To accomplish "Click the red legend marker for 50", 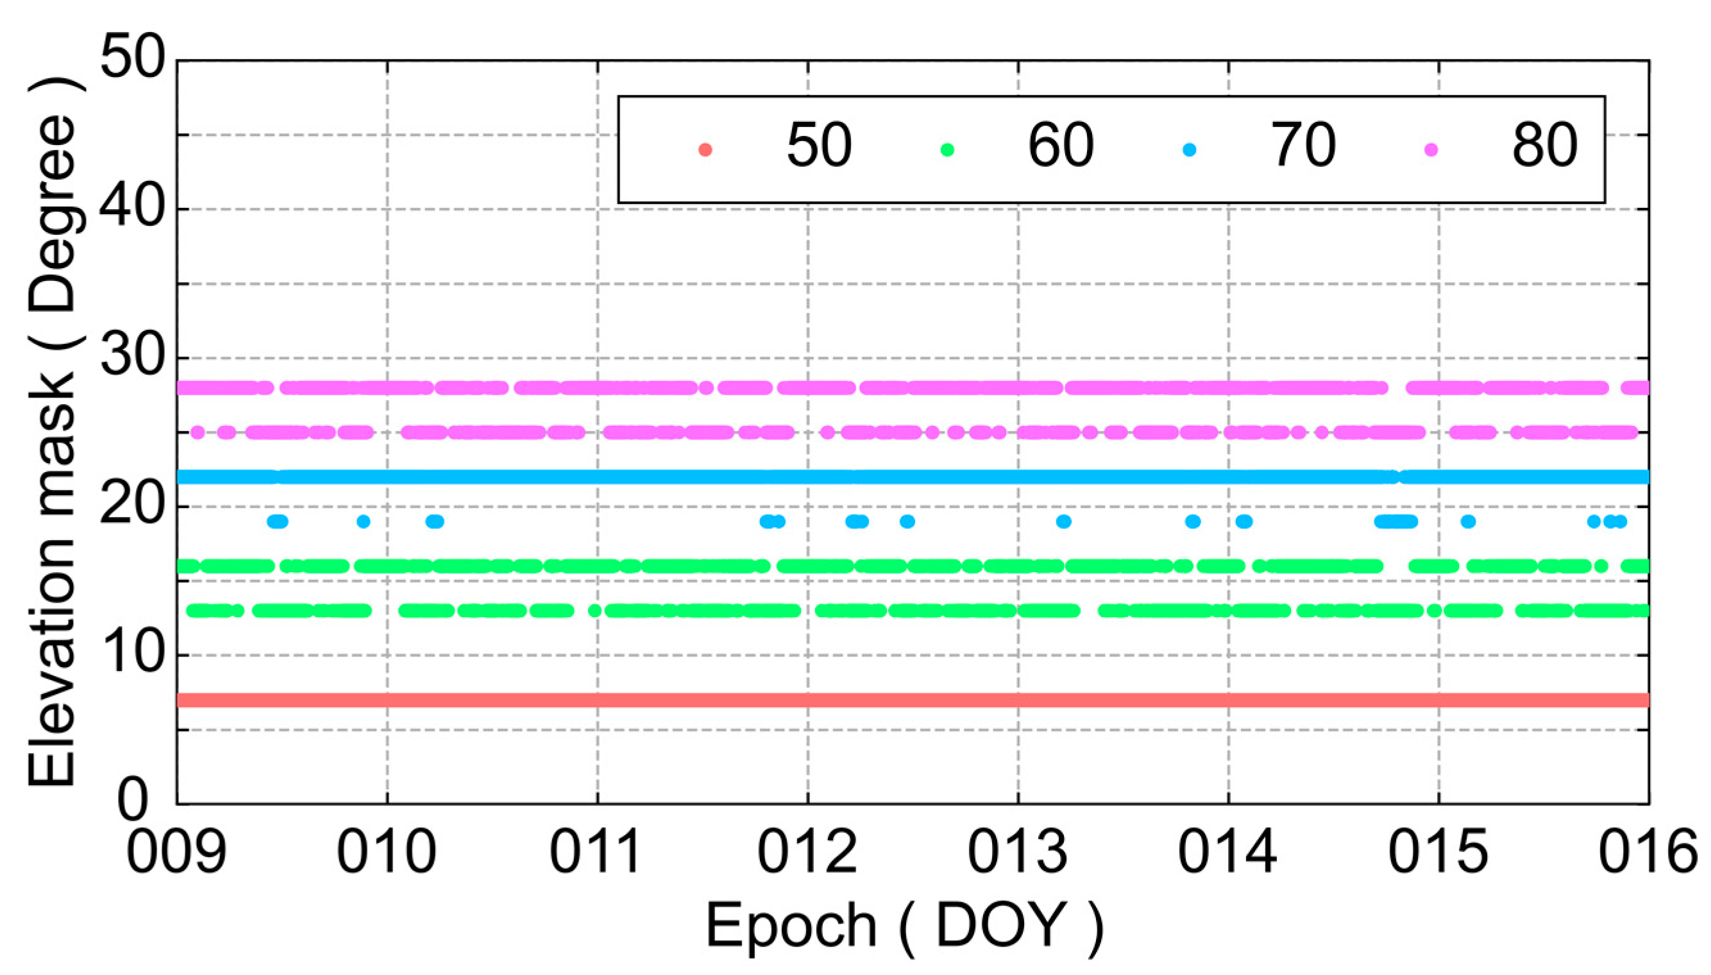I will [x=705, y=149].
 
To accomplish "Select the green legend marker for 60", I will [x=947, y=149].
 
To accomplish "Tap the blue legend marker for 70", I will [x=1190, y=149].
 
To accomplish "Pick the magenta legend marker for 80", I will [x=1431, y=149].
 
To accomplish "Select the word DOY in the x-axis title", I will [x=1001, y=926].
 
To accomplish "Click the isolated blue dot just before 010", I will [x=364, y=521].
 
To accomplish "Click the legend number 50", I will [x=819, y=146].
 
